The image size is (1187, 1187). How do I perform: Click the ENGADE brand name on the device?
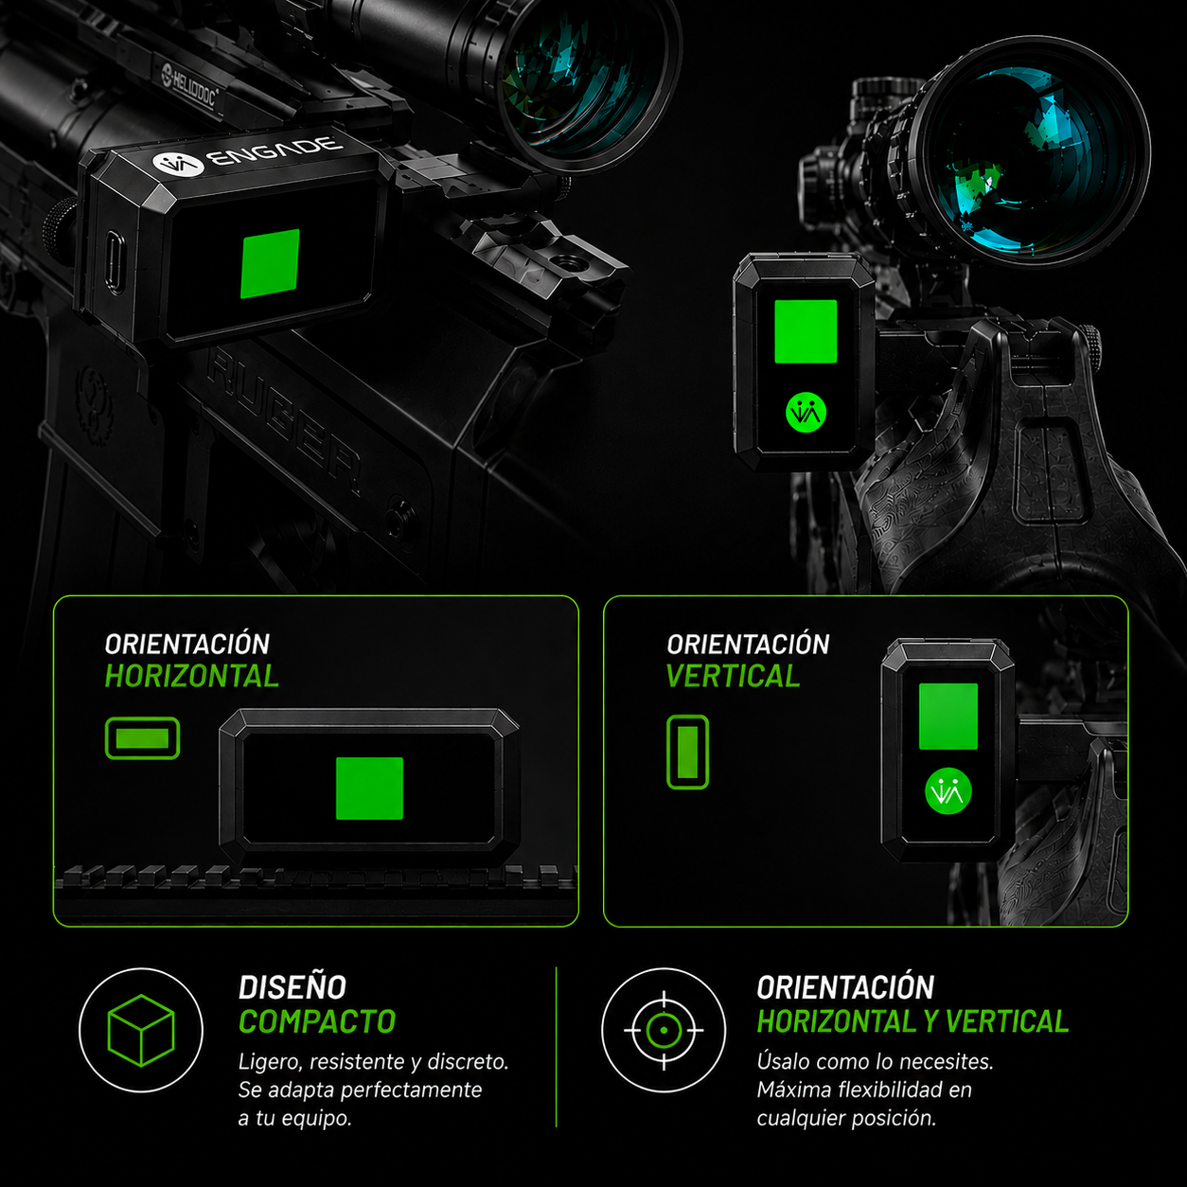coord(276,152)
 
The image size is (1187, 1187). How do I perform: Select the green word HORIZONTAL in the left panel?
coord(191,677)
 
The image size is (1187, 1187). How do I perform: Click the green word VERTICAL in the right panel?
coord(733,677)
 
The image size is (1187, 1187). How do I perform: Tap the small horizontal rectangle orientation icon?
coord(142,738)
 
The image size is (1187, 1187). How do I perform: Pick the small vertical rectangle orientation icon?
coord(687,753)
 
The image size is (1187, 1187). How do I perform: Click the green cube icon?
coord(141,1030)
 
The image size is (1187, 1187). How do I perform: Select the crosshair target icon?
coord(664,1030)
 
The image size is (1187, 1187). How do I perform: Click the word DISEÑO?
coord(292,987)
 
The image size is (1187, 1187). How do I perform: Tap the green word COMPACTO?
coord(317,1021)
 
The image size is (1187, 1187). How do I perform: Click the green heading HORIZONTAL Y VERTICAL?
coord(912,1021)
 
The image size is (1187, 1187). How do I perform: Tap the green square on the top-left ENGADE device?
coord(271,264)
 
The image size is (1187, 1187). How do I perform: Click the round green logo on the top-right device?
coord(806,413)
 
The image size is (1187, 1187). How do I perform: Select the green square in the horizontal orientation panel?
coord(369,788)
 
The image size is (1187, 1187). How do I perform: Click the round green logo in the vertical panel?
coord(948,791)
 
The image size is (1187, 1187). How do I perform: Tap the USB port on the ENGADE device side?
coord(114,262)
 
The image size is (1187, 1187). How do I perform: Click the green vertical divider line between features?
coord(557,1047)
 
